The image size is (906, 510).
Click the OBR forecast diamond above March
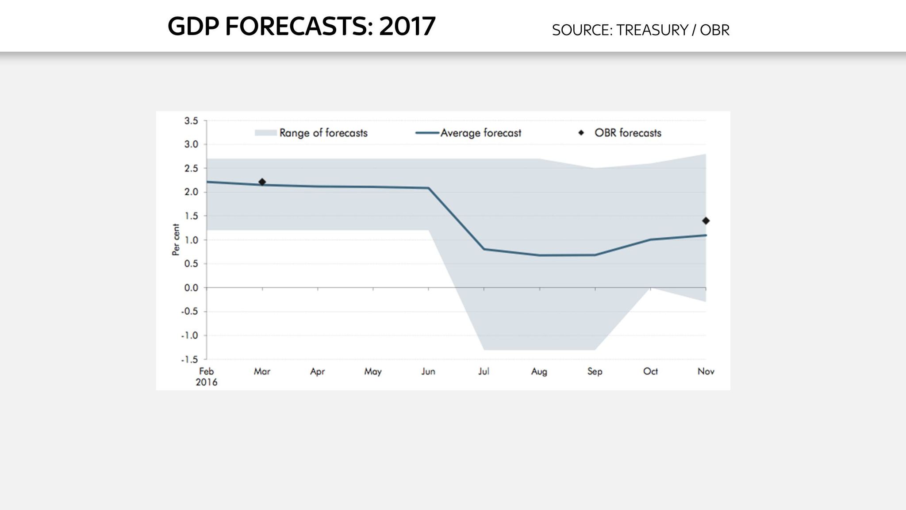click(262, 182)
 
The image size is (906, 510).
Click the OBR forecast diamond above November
click(706, 221)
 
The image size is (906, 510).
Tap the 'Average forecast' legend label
click(480, 133)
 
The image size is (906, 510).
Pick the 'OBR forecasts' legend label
click(627, 133)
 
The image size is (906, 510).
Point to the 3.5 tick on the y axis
click(191, 121)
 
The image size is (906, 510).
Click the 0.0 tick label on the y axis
click(191, 288)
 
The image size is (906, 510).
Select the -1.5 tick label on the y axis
click(189, 359)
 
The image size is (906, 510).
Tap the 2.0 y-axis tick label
click(191, 192)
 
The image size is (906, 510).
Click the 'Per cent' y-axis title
click(176, 240)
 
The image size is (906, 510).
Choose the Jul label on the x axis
click(484, 371)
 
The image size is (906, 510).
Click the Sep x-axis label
click(595, 371)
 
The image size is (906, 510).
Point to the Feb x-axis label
click(207, 371)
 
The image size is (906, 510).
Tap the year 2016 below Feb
click(207, 382)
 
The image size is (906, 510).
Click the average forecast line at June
click(428, 188)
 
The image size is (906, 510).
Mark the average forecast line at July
click(484, 249)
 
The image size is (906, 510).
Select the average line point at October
click(650, 240)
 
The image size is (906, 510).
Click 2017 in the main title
click(407, 26)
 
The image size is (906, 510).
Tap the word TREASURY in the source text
click(652, 30)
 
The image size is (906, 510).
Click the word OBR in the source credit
click(714, 30)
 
